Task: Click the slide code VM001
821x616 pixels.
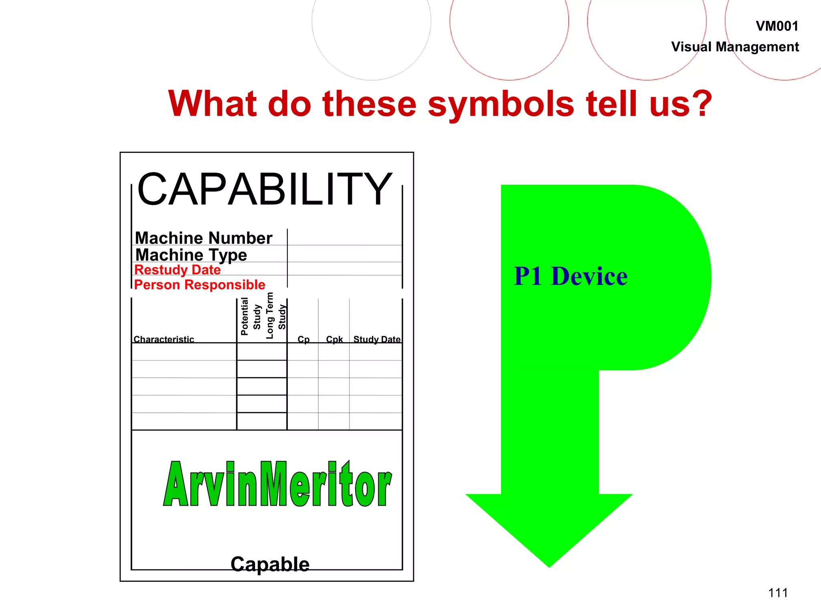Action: coord(777,26)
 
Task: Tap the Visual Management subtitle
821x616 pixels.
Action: coord(735,47)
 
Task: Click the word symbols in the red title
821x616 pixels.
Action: coord(501,104)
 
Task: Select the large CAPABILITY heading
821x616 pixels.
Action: coord(265,189)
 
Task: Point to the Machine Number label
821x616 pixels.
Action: coord(204,238)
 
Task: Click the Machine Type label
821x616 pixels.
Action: coord(191,255)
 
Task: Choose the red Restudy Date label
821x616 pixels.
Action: coord(177,270)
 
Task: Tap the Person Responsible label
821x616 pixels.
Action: coord(200,285)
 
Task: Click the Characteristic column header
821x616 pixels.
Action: coord(164,339)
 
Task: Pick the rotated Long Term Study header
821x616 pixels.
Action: coord(276,316)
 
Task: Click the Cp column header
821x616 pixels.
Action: coord(303,339)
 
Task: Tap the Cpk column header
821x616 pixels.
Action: coord(334,339)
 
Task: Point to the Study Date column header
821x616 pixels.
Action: coord(377,339)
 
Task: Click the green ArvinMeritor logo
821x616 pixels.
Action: coord(277,484)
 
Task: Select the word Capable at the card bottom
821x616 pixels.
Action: coord(270,564)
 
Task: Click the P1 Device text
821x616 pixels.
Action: coord(570,276)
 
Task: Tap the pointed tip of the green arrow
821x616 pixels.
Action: coord(549,565)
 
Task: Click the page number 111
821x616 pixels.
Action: coord(778,593)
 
